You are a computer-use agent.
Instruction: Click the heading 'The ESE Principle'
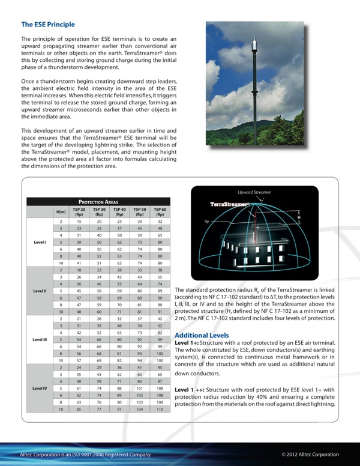click(x=48, y=25)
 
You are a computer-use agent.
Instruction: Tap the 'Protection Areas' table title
click(x=98, y=202)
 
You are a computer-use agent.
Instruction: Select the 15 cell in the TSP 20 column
click(x=79, y=222)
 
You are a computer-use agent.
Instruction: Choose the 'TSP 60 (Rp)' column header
click(x=160, y=211)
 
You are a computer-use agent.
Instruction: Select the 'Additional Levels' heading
click(x=201, y=334)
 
